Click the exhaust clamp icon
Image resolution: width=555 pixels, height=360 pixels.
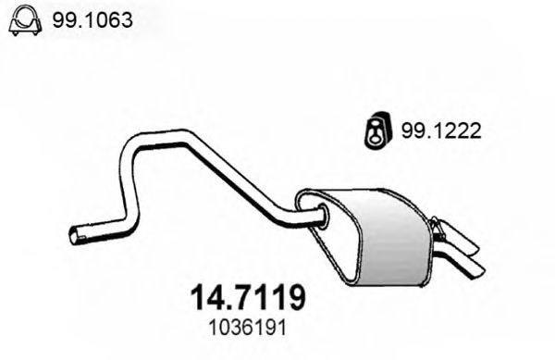25,21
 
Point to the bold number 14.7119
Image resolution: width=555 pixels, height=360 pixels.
247,298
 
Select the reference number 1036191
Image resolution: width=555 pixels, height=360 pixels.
247,327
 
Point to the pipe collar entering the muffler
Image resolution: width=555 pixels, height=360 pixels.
320,218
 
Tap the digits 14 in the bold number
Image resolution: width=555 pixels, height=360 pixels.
205,298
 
